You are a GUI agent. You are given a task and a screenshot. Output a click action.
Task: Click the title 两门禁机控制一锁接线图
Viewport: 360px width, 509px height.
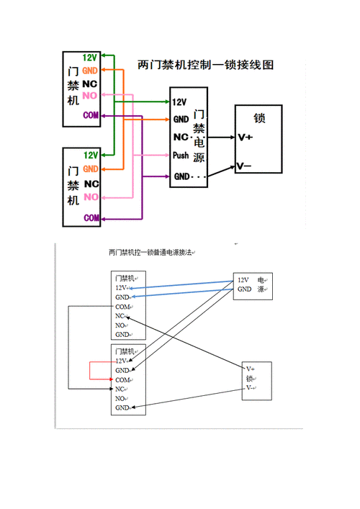tap(205, 65)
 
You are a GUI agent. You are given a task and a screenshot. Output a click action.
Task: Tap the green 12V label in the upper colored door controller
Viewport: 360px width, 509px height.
tap(90, 58)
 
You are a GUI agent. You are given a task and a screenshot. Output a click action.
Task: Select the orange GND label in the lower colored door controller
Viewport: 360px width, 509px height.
tap(90, 168)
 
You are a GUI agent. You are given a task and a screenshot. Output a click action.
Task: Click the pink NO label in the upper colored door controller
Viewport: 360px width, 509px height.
tap(90, 96)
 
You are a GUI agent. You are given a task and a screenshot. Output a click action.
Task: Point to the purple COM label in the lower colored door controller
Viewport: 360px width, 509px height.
tap(91, 217)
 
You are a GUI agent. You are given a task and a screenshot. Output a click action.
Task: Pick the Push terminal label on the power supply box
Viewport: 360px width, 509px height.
tap(181, 155)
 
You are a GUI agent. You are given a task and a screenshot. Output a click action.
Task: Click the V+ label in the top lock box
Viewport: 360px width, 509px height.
tap(245, 136)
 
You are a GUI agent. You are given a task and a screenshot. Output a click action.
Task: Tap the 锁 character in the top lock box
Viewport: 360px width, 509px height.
tap(259, 117)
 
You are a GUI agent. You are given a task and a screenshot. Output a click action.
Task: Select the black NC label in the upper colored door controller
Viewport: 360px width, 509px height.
tap(90, 84)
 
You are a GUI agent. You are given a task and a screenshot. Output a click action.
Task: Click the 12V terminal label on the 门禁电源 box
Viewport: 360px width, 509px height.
tap(180, 102)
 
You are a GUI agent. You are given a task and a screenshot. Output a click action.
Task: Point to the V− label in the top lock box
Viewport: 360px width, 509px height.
tap(245, 167)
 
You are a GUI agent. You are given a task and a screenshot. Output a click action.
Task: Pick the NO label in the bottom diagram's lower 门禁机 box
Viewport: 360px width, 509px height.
tap(121, 398)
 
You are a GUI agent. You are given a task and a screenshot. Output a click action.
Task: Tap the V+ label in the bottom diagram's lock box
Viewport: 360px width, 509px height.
tap(251, 369)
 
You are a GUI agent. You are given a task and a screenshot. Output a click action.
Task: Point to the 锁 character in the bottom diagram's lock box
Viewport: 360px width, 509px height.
tap(250, 378)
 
